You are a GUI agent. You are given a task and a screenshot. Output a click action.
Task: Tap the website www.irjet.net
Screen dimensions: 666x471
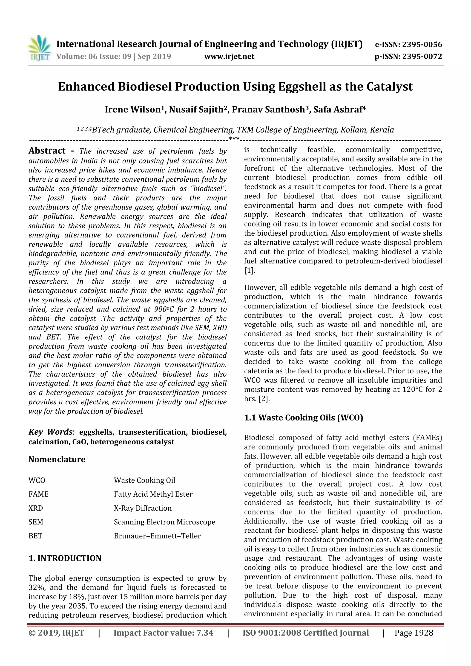[229, 57]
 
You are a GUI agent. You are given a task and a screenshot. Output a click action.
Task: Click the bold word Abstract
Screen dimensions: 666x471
[47, 151]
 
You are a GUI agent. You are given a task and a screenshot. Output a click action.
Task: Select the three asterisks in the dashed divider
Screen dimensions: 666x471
[234, 139]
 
